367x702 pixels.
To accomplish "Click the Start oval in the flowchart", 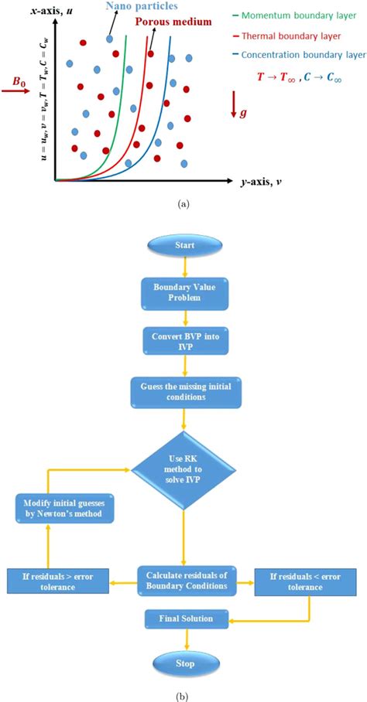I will point(183,247).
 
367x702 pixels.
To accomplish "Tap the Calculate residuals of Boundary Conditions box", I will point(183,577).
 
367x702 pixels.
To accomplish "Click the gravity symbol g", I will point(245,114).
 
